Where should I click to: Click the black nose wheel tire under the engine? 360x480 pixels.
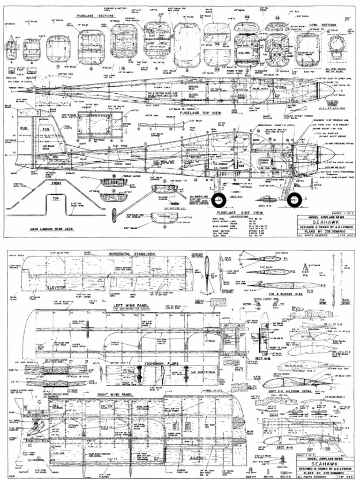pos(294,200)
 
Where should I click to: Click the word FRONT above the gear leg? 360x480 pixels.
pos(56,183)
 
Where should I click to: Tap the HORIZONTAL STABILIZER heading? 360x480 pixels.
pos(131,254)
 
